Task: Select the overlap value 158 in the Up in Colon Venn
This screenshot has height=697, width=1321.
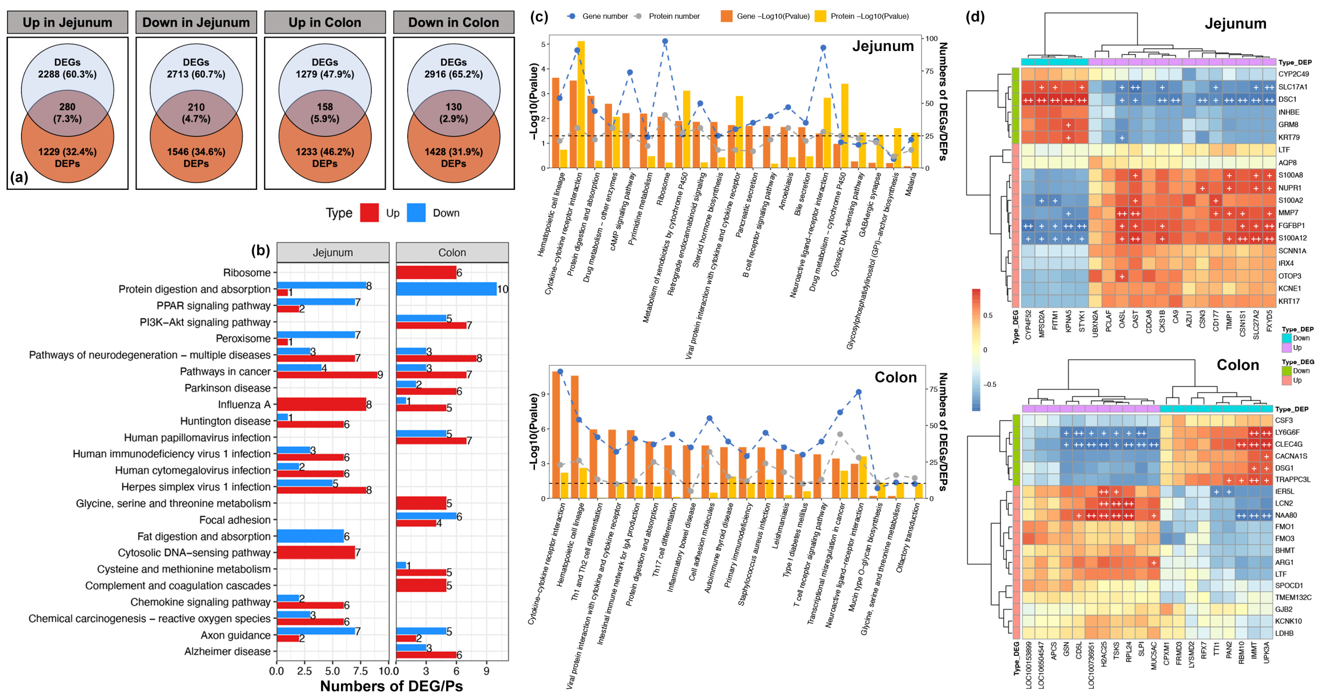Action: click(325, 107)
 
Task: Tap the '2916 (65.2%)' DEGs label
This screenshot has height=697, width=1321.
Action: click(453, 74)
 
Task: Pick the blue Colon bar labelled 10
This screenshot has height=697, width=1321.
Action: click(446, 289)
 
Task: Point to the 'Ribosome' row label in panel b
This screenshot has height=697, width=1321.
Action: click(247, 273)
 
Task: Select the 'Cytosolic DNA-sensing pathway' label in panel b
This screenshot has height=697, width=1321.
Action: click(194, 553)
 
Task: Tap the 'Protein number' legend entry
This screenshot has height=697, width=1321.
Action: click(674, 16)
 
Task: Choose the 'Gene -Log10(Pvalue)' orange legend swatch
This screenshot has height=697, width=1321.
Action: click(726, 16)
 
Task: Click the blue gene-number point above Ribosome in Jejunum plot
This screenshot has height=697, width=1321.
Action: click(665, 41)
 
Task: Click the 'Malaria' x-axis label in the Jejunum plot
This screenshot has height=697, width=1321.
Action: click(910, 184)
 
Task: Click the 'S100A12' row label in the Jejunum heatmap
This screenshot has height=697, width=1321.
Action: click(1292, 238)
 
